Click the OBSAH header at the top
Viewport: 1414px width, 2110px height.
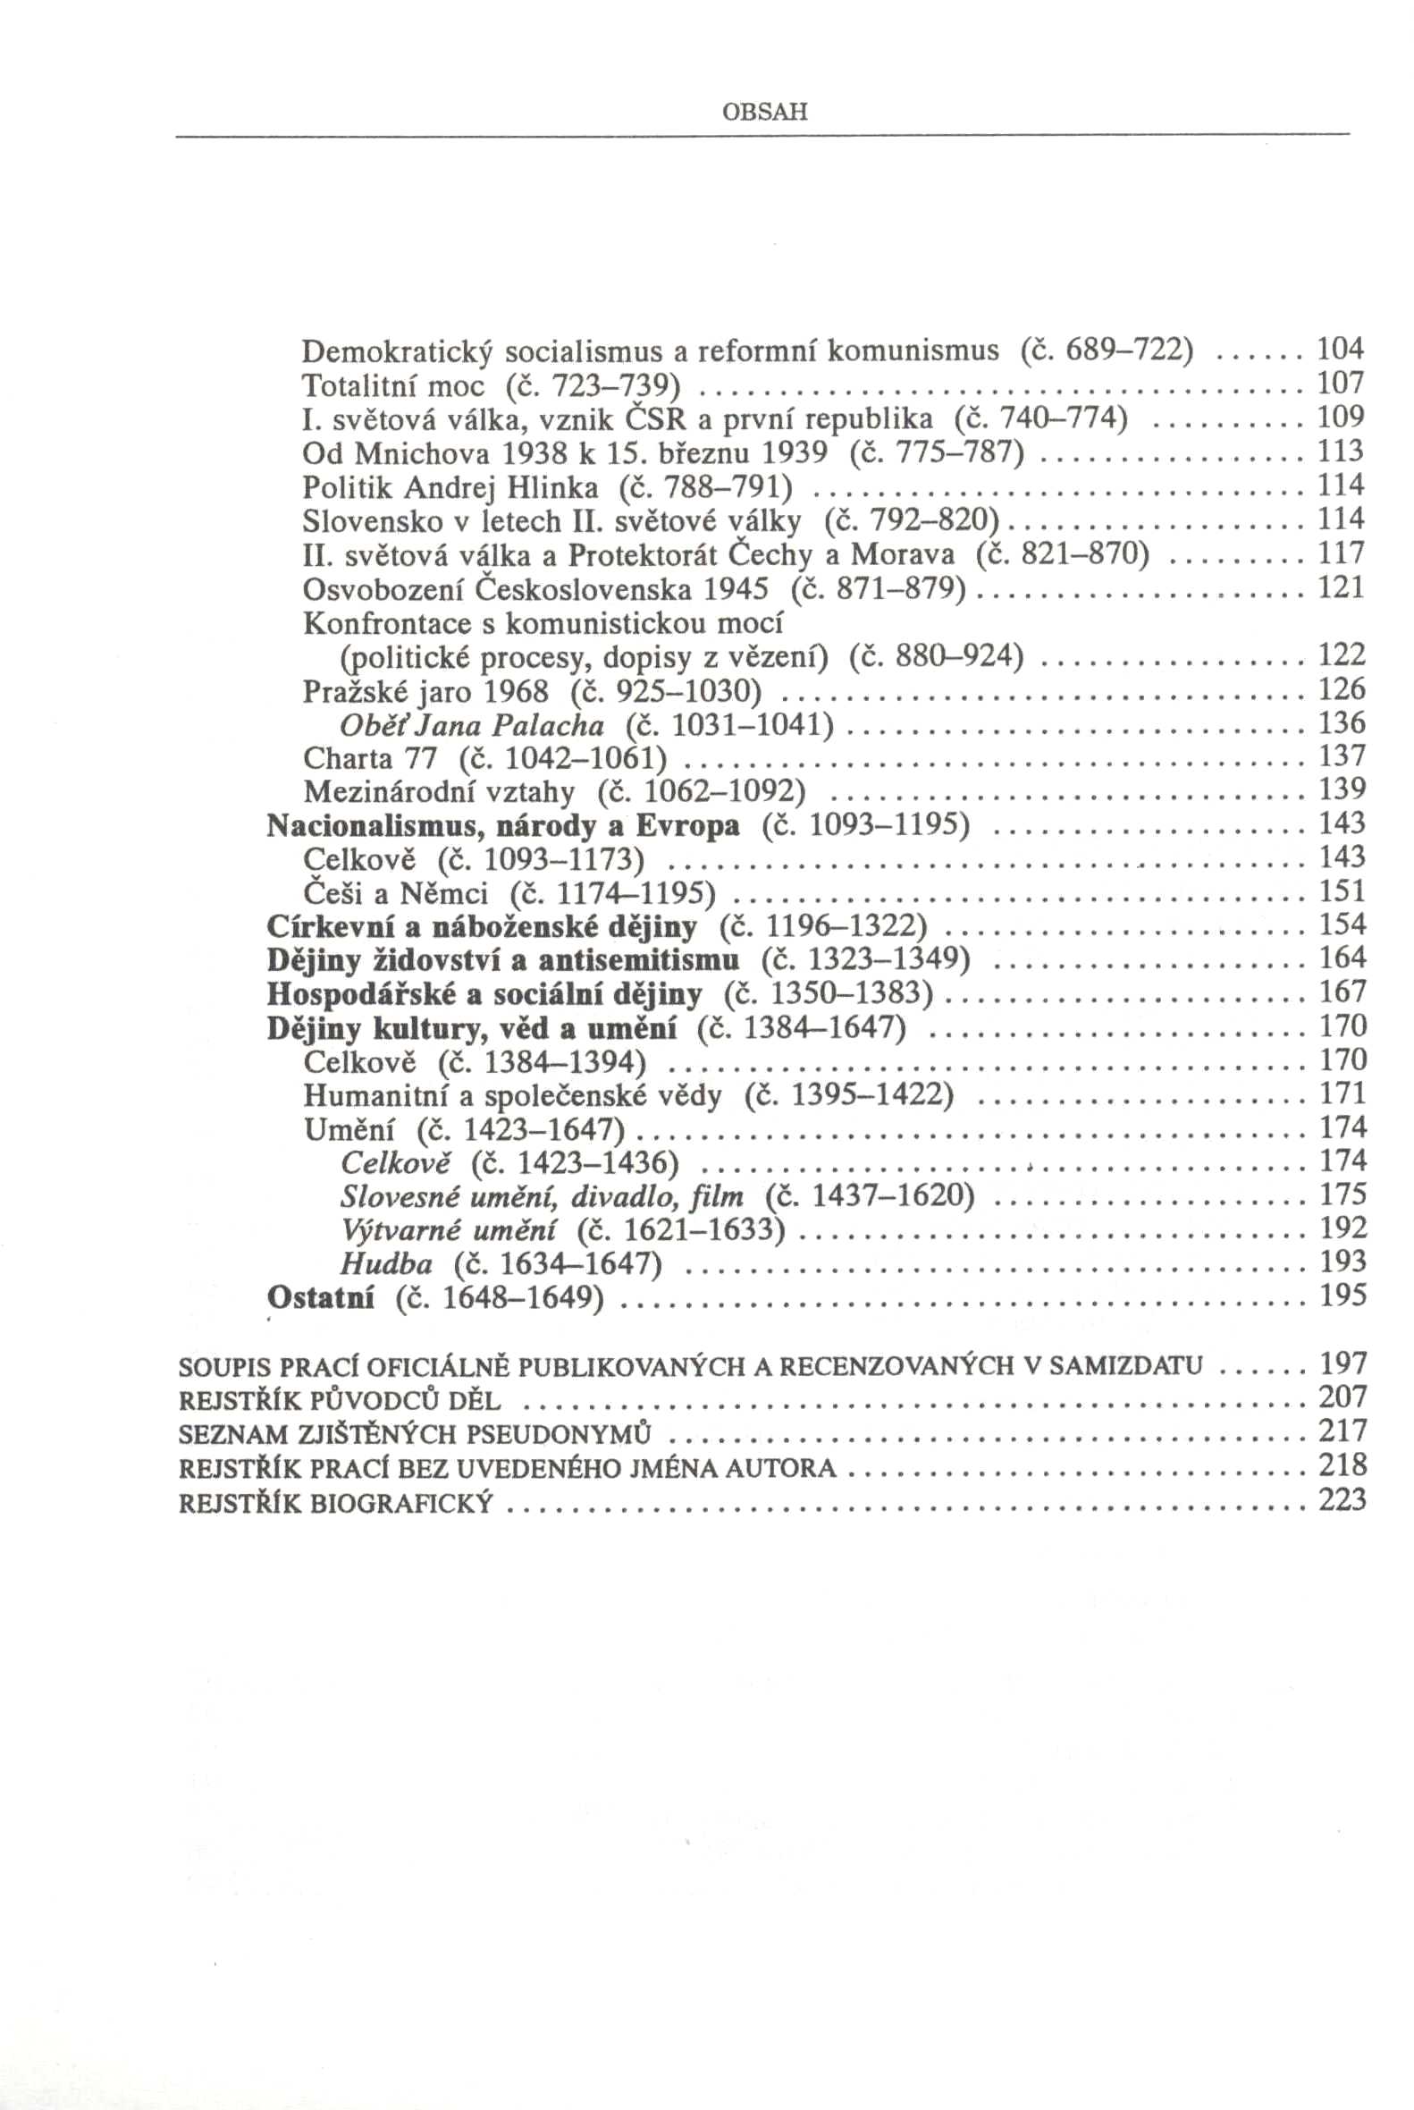pos(765,113)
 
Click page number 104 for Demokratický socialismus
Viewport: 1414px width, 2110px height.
pos(1342,350)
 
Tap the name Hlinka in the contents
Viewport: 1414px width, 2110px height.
pos(552,488)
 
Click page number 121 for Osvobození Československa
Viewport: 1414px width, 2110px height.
pos(1342,589)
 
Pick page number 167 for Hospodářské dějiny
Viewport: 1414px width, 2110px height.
pos(1342,993)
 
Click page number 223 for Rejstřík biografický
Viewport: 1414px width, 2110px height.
pos(1342,1501)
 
